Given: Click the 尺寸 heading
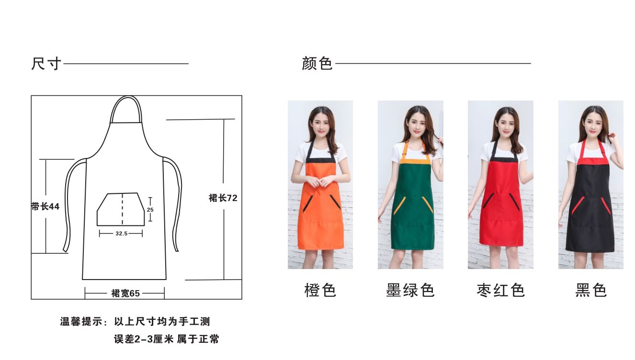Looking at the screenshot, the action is [x=46, y=64].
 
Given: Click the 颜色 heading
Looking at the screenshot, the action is [x=317, y=63].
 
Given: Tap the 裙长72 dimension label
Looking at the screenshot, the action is [x=223, y=198].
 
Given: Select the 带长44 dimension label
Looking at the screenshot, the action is [x=45, y=206].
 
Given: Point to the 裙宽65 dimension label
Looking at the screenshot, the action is [x=125, y=293].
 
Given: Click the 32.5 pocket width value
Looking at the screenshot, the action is [x=121, y=234].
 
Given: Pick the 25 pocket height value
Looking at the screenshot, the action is [x=150, y=210].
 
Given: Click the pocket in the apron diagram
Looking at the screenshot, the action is [x=121, y=210].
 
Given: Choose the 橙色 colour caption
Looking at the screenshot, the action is [x=320, y=290].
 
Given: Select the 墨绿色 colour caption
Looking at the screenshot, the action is [x=410, y=290].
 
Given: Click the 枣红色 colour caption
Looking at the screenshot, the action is [x=500, y=290].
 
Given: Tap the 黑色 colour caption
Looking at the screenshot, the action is [x=591, y=290].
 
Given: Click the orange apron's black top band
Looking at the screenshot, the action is [x=321, y=160].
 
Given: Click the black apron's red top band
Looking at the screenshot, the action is [x=593, y=161].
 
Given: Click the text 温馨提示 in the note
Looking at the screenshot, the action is [x=81, y=321].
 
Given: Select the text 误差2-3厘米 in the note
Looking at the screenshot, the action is [x=144, y=339].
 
